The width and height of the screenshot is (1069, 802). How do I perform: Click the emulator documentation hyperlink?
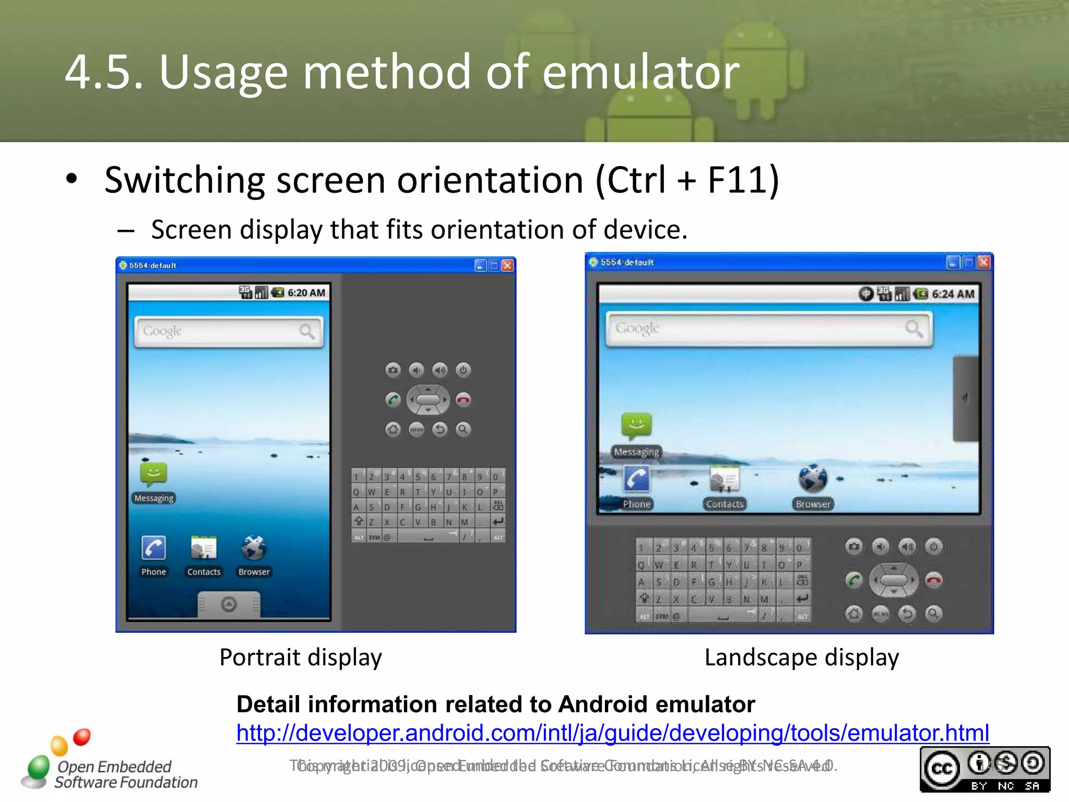[x=612, y=733]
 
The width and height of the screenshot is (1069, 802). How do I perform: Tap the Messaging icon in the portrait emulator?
[x=153, y=474]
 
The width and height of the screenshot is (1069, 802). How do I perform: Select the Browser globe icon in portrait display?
[x=254, y=548]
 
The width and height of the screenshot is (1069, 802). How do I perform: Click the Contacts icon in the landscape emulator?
[x=724, y=480]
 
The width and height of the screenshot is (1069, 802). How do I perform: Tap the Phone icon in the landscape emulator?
[x=636, y=479]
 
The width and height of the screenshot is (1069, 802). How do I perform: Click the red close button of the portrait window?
[x=507, y=266]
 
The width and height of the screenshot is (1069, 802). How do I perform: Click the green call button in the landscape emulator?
[x=854, y=580]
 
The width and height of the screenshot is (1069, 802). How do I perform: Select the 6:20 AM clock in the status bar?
[x=306, y=293]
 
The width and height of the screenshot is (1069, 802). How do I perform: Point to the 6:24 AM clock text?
[x=953, y=294]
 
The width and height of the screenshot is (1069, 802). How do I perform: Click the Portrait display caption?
[x=301, y=657]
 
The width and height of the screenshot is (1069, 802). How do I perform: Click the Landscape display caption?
[x=801, y=657]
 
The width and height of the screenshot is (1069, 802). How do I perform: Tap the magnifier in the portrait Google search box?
[x=307, y=332]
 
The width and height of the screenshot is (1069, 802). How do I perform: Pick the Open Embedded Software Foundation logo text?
[x=125, y=774]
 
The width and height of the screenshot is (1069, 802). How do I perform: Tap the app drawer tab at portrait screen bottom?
[x=229, y=604]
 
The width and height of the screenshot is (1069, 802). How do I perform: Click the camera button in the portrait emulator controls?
[x=393, y=370]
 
